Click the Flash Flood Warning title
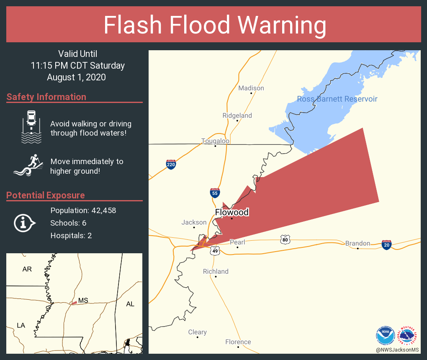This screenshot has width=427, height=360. point(215,25)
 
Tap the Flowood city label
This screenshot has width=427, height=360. point(232,212)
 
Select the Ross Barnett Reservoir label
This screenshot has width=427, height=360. point(337,99)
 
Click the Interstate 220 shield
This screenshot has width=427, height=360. point(171,164)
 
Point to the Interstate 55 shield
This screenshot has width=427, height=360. point(215,193)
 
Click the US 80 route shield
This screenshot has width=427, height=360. point(285,239)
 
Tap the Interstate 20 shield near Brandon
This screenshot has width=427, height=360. point(387,244)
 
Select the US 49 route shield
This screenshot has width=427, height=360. point(215,250)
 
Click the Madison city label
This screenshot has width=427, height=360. point(251,88)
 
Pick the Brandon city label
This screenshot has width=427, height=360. point(358,243)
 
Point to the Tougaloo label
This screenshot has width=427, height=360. point(215,141)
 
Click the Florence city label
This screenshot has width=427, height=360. point(238,342)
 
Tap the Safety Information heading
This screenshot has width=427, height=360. point(46,97)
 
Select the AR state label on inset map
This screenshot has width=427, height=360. point(27,269)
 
